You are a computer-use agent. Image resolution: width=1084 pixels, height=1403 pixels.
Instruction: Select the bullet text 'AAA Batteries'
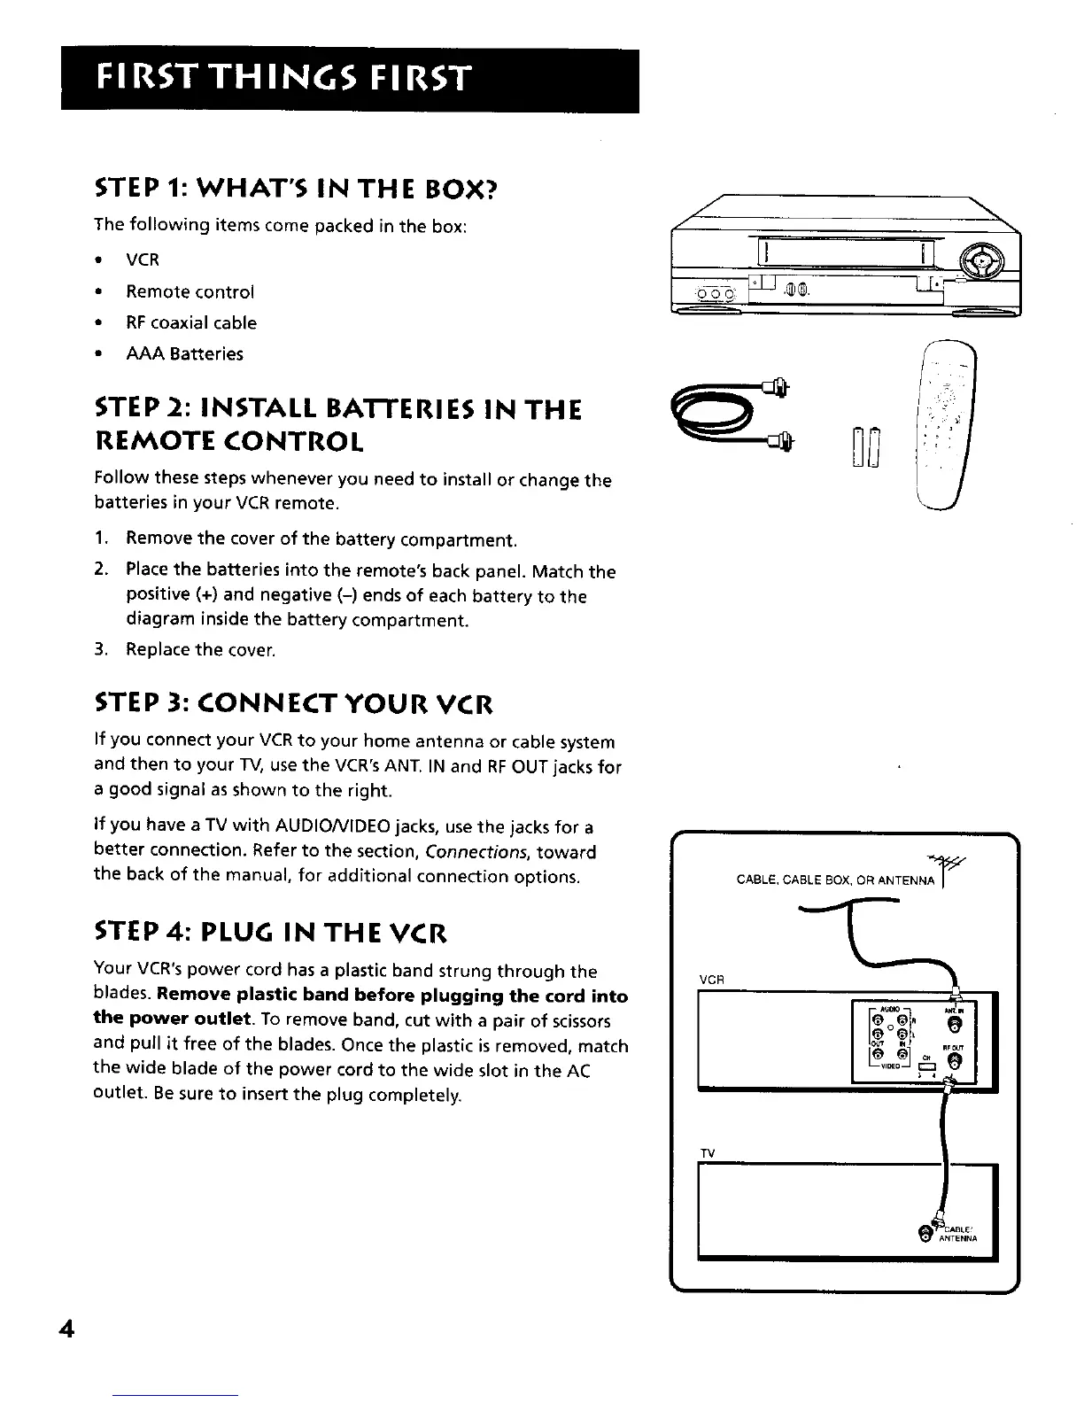click(184, 354)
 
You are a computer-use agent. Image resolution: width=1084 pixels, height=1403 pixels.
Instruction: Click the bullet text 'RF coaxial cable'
click(191, 323)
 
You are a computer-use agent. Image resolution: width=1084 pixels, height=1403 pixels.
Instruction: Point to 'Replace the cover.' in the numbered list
click(201, 650)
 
